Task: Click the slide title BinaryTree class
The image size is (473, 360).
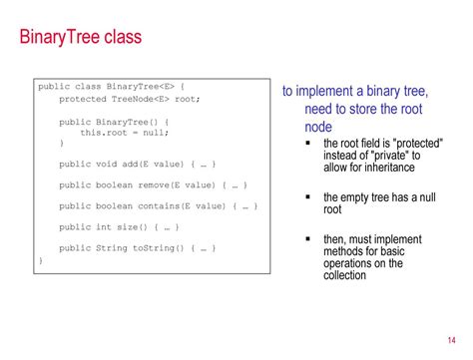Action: click(81, 39)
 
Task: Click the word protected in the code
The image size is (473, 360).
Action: click(81, 99)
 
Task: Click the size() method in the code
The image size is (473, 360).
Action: click(135, 226)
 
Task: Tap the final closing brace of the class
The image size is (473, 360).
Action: click(41, 259)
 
